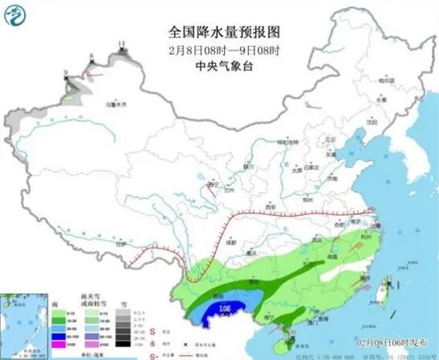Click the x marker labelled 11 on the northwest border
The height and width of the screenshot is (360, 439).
point(122,50)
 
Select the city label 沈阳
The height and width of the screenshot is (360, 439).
point(372,122)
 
